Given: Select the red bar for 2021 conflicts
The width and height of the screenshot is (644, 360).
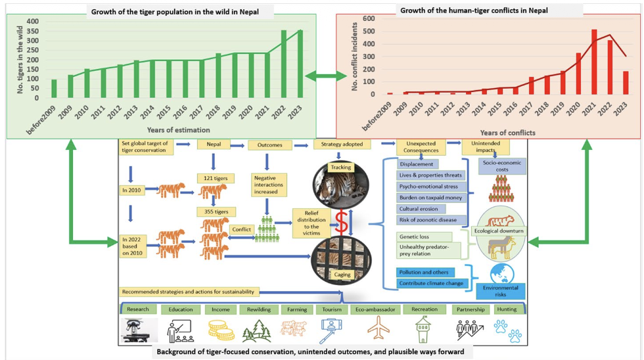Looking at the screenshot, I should [594, 62].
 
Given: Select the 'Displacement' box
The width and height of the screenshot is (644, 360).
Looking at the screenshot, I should [417, 164].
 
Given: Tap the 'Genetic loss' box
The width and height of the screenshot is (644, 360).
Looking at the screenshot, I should [416, 236].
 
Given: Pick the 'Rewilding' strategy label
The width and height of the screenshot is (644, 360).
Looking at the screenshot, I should [258, 309].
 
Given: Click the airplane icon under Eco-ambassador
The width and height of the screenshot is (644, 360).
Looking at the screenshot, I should [378, 328].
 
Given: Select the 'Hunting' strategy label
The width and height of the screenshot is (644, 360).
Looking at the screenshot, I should [507, 309].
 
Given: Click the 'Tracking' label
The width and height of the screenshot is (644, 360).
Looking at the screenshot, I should [341, 168].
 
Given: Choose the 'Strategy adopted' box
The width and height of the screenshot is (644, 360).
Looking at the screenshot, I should [342, 144].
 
